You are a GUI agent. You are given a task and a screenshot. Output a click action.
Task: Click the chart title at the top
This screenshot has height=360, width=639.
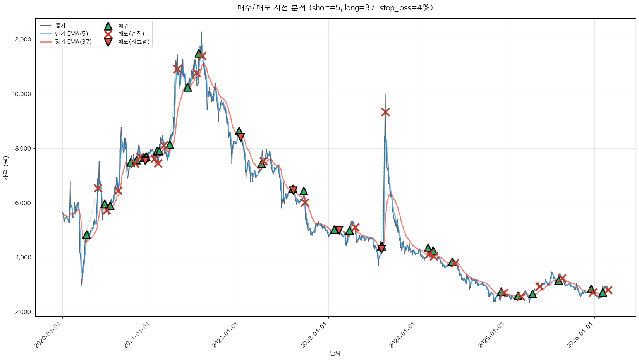tap(335, 8)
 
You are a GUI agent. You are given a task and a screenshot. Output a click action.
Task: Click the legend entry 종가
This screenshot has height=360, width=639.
tap(60, 26)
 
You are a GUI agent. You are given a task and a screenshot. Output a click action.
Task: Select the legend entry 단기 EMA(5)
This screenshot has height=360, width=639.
tap(71, 34)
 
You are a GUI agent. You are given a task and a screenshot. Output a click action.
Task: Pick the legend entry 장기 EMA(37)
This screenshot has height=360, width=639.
tap(73, 42)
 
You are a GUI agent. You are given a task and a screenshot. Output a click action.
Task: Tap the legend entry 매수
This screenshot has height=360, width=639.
tap(123, 26)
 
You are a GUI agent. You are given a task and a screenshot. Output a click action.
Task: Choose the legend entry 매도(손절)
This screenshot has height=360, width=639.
tap(131, 34)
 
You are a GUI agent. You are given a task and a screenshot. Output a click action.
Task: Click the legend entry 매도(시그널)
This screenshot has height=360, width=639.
tap(134, 42)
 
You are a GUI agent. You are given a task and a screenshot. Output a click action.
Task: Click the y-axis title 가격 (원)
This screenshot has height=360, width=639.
tap(5, 168)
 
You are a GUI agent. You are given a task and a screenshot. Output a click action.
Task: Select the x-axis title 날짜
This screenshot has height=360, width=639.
tap(335, 353)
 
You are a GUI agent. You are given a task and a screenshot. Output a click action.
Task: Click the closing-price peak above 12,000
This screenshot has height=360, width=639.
tap(201, 32)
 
